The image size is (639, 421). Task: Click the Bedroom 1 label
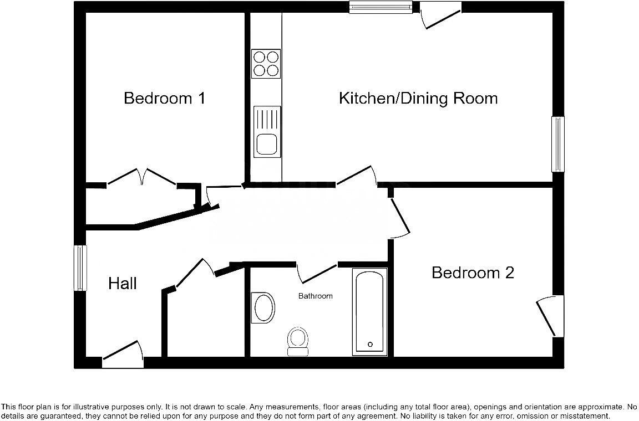click(165, 99)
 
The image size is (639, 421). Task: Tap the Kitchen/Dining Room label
click(418, 99)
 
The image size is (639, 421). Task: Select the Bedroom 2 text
click(473, 273)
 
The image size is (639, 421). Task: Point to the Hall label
click(122, 284)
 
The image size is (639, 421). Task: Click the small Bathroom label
click(316, 296)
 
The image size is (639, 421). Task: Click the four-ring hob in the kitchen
click(266, 63)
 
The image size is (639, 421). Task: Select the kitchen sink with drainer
click(267, 131)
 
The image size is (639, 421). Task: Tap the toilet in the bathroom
click(298, 340)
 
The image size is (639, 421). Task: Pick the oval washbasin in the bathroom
click(263, 307)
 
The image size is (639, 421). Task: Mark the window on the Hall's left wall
click(81, 268)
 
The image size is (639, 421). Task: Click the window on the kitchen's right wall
click(557, 144)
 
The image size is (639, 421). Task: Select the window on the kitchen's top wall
click(381, 7)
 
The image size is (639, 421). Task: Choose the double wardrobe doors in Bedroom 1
click(142, 177)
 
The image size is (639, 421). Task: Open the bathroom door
click(317, 273)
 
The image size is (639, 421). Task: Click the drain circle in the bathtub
click(370, 344)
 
